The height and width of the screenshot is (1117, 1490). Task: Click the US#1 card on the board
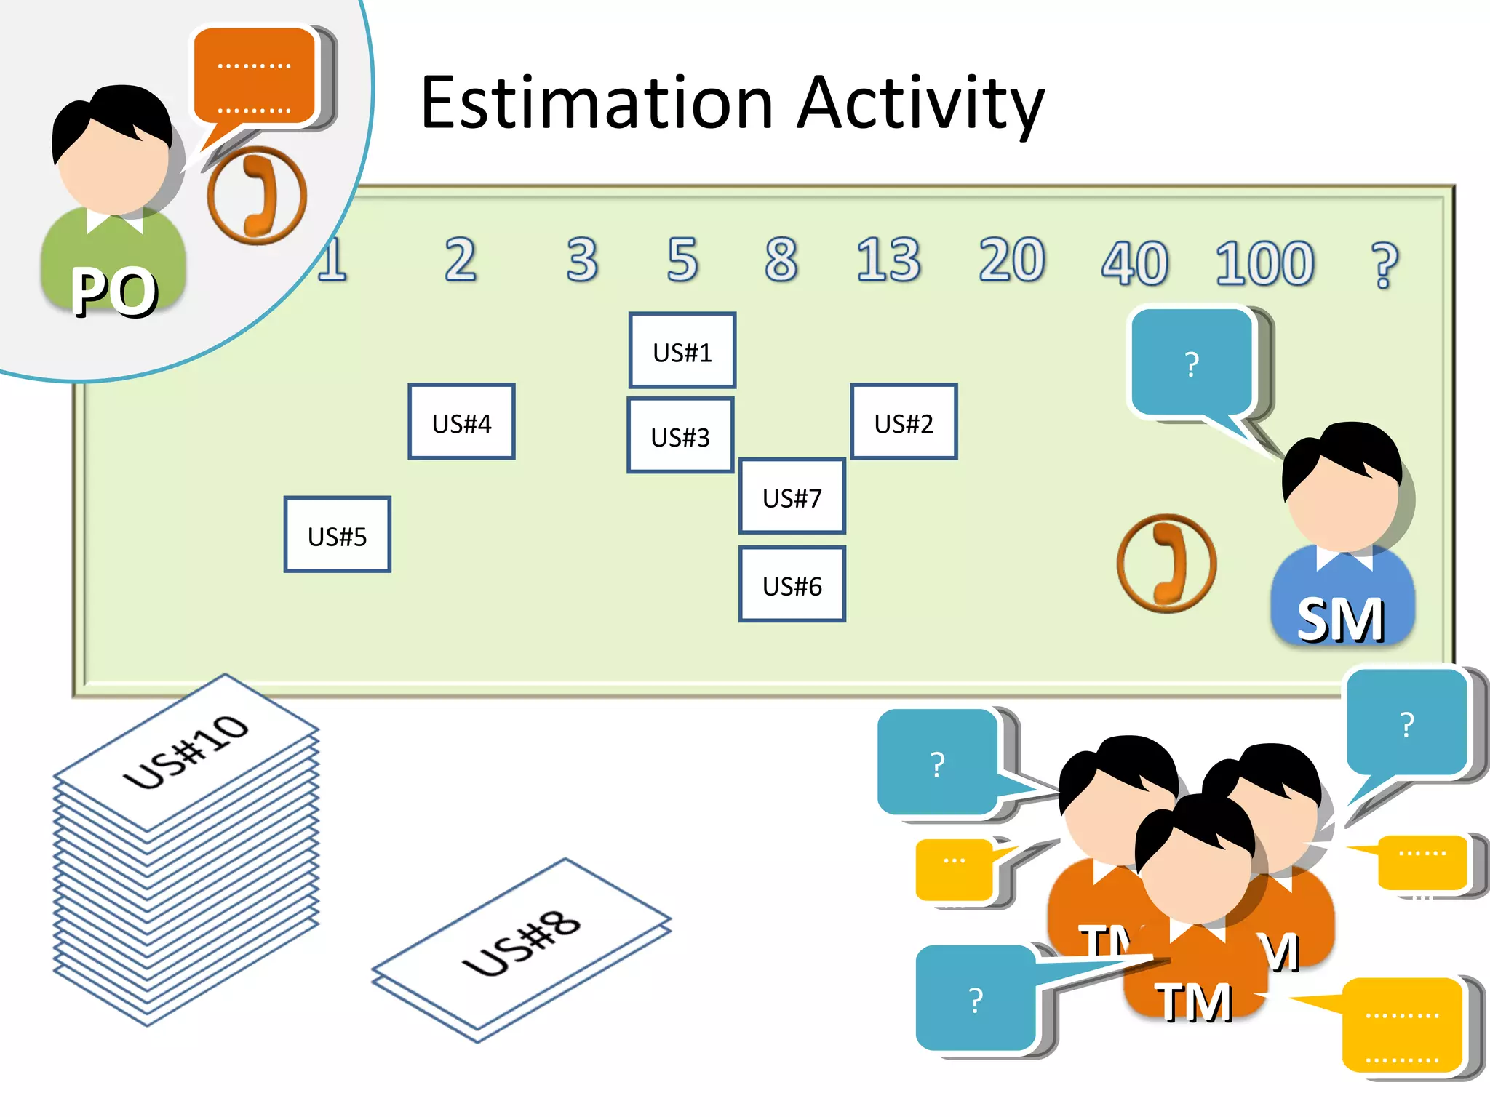click(682, 351)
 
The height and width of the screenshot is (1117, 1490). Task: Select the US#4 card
click(461, 422)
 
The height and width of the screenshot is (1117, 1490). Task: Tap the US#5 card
click(337, 535)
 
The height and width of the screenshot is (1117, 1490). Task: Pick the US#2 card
click(904, 422)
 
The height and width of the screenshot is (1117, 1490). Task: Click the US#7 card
click(792, 497)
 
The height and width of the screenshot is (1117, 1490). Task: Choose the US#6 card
click(792, 585)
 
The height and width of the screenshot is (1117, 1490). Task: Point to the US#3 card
click(680, 436)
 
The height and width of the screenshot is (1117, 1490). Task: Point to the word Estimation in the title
click(597, 103)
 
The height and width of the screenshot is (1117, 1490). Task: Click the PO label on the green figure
click(114, 291)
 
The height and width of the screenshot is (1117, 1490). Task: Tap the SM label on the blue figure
click(1341, 620)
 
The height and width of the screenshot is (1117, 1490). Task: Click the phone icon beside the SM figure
click(1166, 562)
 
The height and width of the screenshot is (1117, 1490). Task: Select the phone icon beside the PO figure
click(257, 195)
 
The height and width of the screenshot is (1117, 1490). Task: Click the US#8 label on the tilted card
click(522, 945)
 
